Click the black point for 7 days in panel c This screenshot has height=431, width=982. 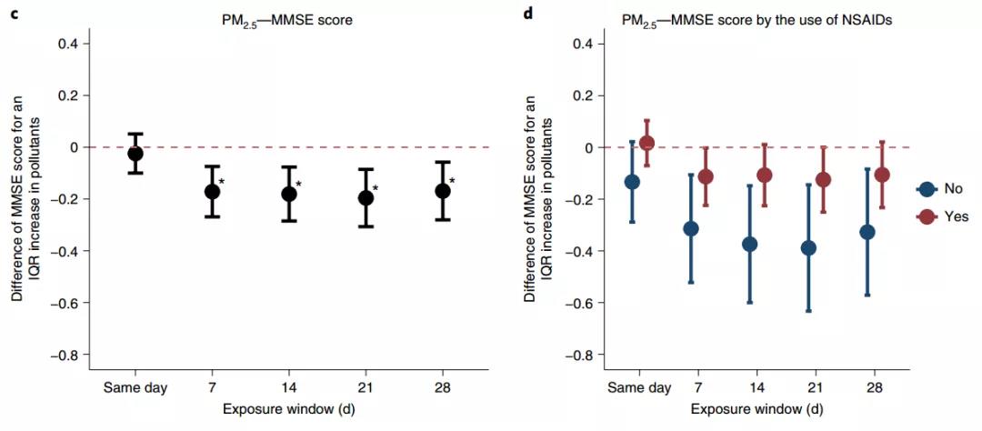click(212, 191)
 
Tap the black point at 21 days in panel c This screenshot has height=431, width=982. click(366, 197)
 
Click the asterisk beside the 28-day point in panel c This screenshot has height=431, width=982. click(452, 181)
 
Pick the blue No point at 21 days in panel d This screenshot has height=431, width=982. click(808, 247)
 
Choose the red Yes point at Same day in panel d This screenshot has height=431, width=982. click(646, 143)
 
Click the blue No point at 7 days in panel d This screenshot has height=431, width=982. click(690, 228)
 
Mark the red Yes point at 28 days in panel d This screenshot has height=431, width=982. click(881, 175)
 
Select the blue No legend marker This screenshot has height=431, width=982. click(927, 189)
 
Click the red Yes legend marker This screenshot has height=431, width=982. click(927, 216)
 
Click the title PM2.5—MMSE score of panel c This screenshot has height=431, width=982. click(288, 17)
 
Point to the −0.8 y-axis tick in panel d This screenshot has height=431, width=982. click(581, 354)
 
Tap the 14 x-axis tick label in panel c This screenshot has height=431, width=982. click(289, 387)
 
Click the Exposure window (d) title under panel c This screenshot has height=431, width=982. click(288, 408)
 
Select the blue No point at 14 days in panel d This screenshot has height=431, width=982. click(749, 244)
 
